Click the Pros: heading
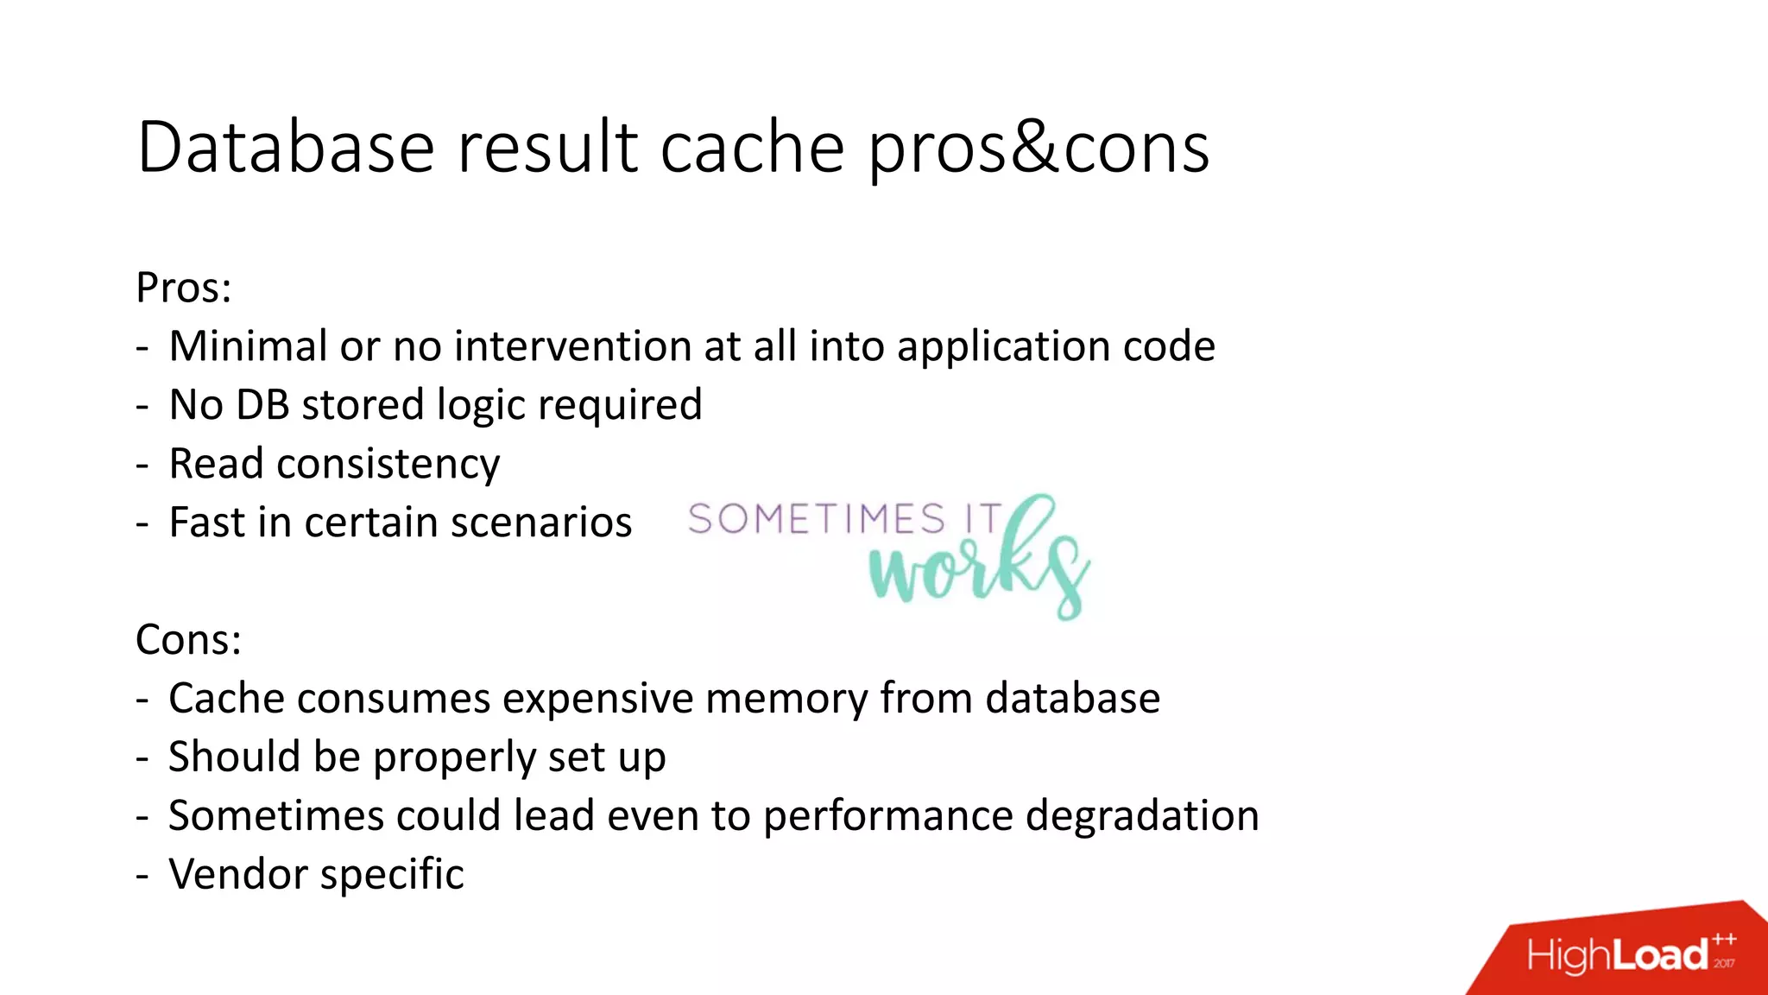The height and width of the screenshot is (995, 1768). click(183, 288)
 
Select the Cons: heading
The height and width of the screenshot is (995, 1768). click(188, 640)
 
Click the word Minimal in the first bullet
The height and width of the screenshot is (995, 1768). click(247, 346)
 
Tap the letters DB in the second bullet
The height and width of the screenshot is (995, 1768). click(262, 405)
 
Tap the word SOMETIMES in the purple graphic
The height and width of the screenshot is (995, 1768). click(816, 520)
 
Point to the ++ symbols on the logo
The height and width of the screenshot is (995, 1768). click(1724, 939)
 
